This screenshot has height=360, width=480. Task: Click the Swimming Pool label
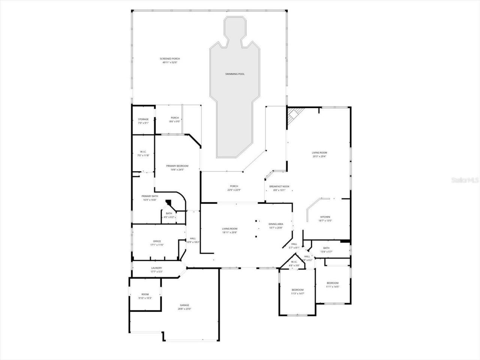pyautogui.click(x=235, y=74)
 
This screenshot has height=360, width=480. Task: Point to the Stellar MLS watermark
pyautogui.click(x=465, y=180)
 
